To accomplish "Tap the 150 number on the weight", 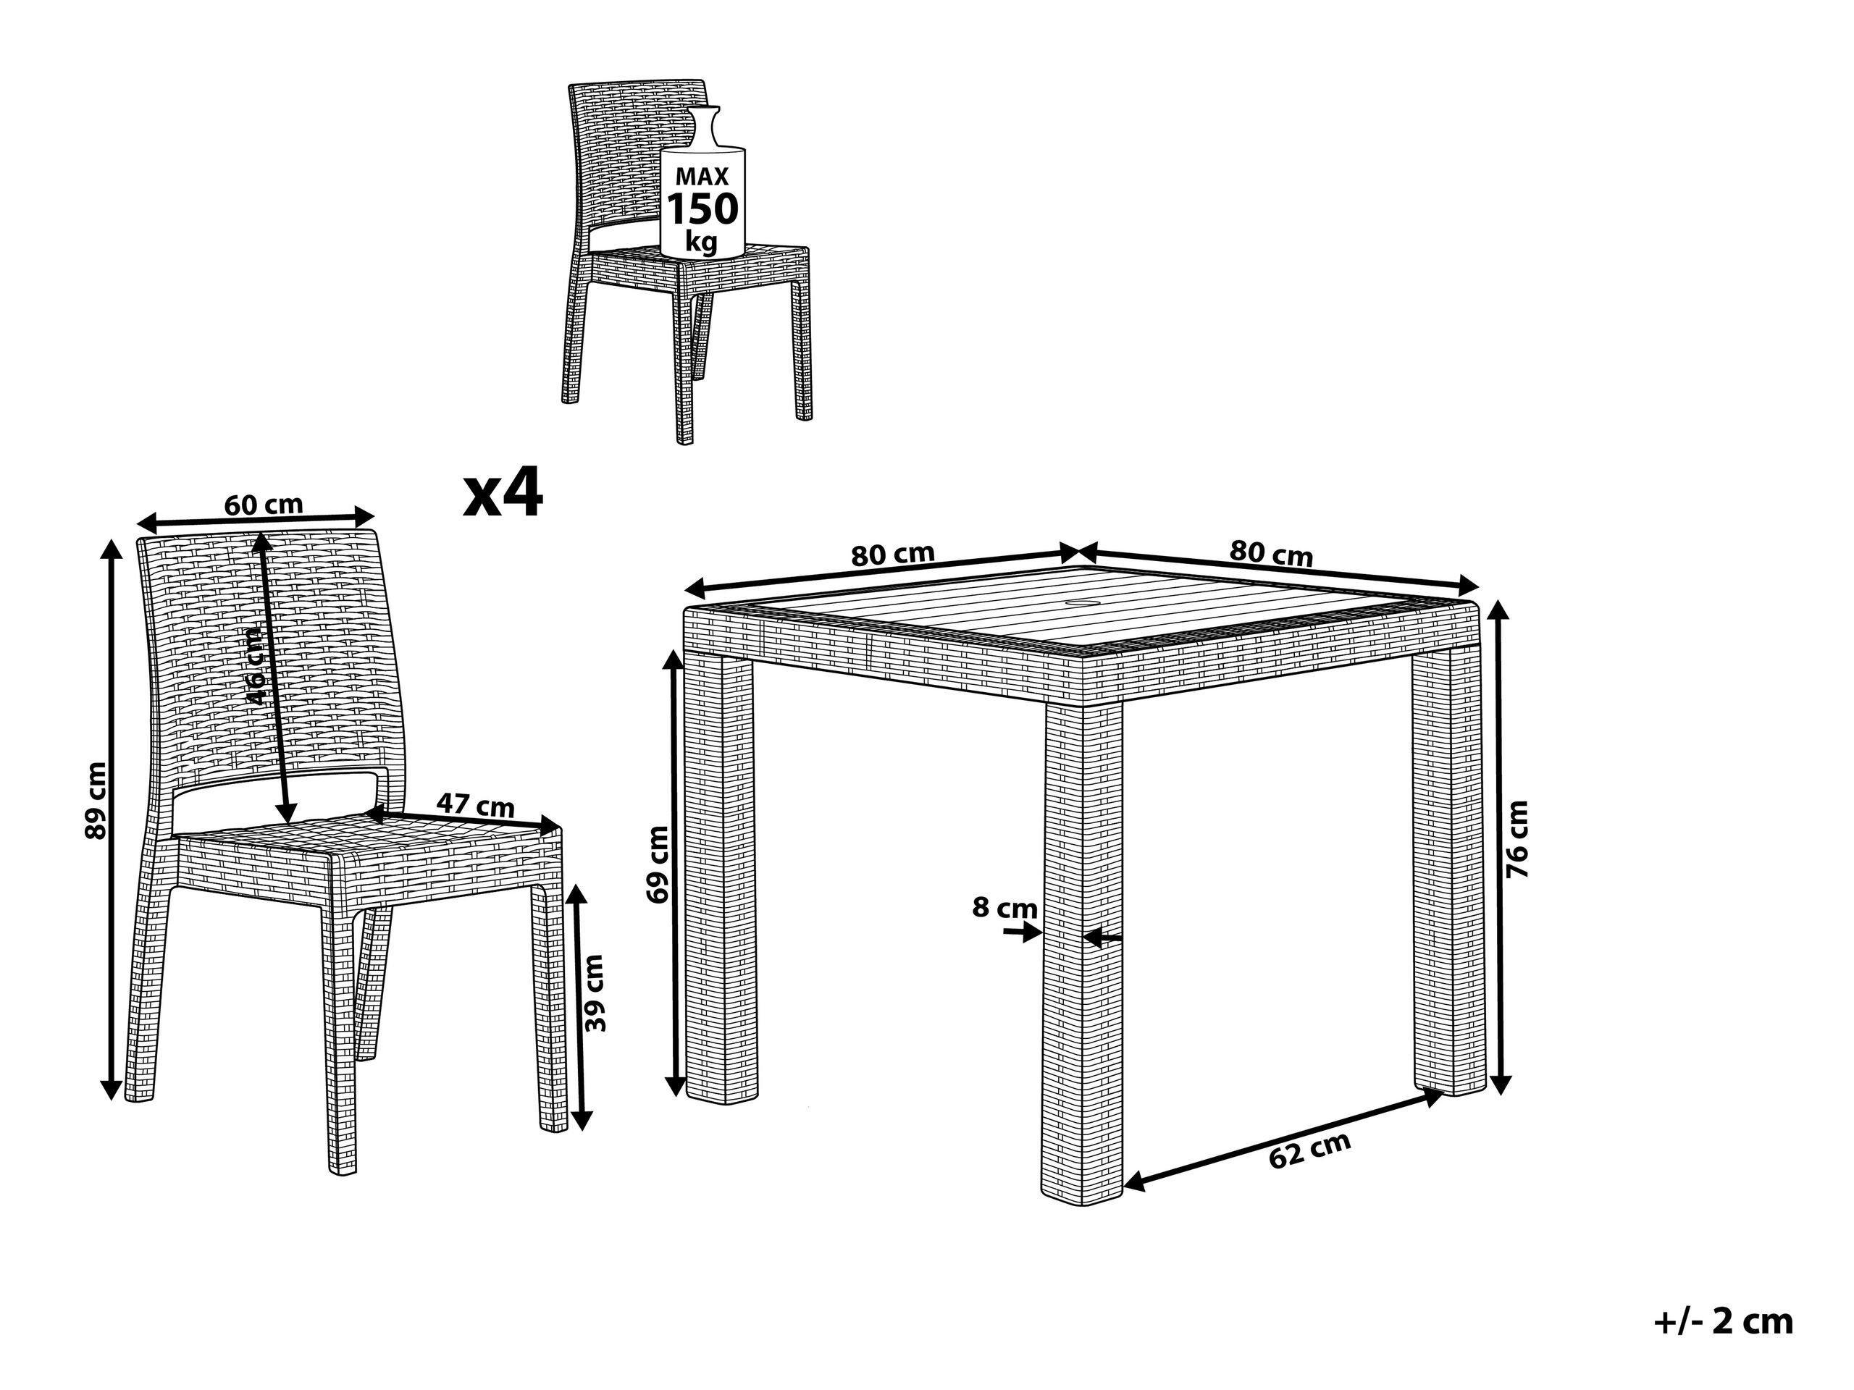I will (x=702, y=208).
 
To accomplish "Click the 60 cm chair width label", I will (x=263, y=505).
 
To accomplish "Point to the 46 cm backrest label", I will (x=256, y=670).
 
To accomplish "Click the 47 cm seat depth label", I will (x=474, y=805).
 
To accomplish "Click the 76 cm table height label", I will (x=1517, y=840).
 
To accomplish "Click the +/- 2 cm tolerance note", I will (x=1723, y=1322).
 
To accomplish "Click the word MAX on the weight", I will (x=702, y=176).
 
